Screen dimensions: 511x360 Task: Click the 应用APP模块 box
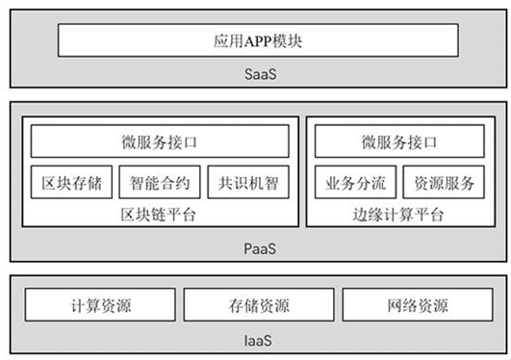(x=258, y=40)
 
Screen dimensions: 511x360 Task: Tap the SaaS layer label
(x=261, y=74)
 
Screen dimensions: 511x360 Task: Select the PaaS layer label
(x=260, y=248)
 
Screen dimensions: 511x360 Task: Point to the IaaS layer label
(x=258, y=341)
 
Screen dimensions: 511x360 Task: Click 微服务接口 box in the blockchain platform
(x=160, y=141)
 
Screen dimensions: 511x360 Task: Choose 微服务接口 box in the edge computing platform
(x=399, y=141)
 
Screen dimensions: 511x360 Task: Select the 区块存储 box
(x=72, y=182)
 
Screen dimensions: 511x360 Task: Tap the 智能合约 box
(x=160, y=182)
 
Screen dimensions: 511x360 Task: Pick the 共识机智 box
(x=248, y=182)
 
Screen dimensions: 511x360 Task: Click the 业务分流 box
(x=355, y=182)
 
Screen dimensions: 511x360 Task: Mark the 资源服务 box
(x=444, y=182)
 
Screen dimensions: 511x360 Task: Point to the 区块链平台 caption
(x=158, y=215)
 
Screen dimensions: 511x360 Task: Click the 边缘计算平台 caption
(x=398, y=215)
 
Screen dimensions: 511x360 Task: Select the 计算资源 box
(x=100, y=304)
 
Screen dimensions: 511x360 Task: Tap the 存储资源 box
(x=259, y=304)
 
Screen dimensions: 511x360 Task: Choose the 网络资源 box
(x=418, y=304)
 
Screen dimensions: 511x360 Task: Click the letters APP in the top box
(x=258, y=41)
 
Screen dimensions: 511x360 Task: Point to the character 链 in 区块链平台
(x=158, y=215)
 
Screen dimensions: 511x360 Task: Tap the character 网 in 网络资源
(x=395, y=305)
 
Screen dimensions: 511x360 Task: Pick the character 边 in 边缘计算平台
(x=361, y=215)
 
